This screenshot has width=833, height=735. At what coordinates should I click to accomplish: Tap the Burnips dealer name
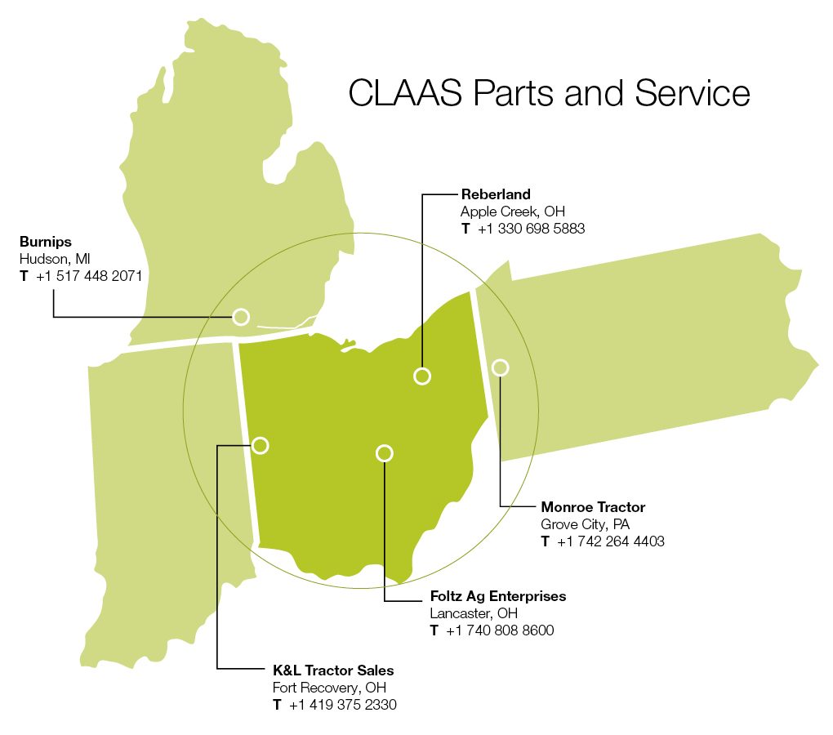(x=46, y=242)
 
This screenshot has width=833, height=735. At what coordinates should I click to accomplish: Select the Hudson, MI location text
(x=55, y=259)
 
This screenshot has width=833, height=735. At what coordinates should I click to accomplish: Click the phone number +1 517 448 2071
(x=89, y=276)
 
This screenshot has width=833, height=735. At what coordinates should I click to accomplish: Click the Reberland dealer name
(x=496, y=194)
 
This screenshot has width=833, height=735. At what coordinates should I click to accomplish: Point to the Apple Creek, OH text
(x=513, y=212)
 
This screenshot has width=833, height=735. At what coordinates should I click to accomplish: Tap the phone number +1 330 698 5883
(x=531, y=229)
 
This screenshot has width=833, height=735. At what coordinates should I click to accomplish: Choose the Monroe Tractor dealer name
(x=593, y=507)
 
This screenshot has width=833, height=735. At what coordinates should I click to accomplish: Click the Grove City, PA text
(x=586, y=524)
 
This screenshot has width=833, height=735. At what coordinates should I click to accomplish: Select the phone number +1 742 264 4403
(x=610, y=541)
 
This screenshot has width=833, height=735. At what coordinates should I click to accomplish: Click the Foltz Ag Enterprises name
(x=498, y=596)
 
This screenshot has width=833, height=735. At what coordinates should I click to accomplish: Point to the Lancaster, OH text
(x=474, y=613)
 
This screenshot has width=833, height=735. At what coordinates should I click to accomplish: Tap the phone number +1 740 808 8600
(x=500, y=630)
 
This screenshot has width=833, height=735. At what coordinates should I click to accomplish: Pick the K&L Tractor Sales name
(x=333, y=670)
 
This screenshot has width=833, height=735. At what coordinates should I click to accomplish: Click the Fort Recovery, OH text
(x=330, y=688)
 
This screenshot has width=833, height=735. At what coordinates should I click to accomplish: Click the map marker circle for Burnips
(x=241, y=317)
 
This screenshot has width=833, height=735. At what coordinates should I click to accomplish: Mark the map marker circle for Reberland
(x=422, y=376)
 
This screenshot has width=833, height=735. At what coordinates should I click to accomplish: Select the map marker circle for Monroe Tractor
(x=501, y=367)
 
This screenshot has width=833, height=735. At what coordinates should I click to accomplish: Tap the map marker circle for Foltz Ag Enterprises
(x=385, y=452)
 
